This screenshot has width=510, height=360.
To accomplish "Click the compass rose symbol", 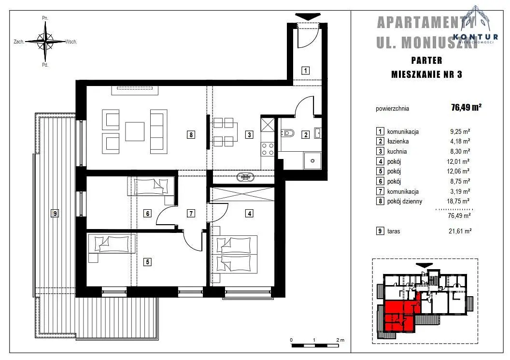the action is (x=45, y=42).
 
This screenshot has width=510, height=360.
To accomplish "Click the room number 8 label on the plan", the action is (x=191, y=134).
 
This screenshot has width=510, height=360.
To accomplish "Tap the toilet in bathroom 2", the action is (x=287, y=133).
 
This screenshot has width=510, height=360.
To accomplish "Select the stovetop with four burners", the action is (x=268, y=149).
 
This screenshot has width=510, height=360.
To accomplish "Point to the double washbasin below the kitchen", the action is (x=245, y=177).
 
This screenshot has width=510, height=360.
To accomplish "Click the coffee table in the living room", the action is (x=135, y=131).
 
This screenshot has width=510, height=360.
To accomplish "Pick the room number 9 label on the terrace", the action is (x=55, y=214).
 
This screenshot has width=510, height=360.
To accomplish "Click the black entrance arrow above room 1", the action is (x=307, y=16).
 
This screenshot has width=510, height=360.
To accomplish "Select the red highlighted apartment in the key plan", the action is (x=398, y=314).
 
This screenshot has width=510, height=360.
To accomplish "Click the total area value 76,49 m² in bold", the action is (x=466, y=107).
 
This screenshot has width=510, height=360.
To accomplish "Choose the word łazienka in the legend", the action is (x=398, y=142).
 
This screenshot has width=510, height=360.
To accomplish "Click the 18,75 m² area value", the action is (x=458, y=201).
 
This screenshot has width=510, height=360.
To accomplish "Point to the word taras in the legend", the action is (x=394, y=231).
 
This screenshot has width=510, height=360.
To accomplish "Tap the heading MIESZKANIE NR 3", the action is (x=426, y=74).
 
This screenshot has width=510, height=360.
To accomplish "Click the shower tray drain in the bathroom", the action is (x=312, y=161).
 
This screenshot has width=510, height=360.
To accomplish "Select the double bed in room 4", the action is (x=235, y=254).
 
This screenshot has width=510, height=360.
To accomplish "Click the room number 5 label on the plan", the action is (x=147, y=262).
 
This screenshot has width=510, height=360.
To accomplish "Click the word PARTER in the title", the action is (x=426, y=60).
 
